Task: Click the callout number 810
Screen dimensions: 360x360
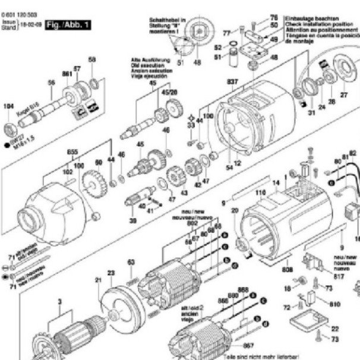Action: (334, 304)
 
